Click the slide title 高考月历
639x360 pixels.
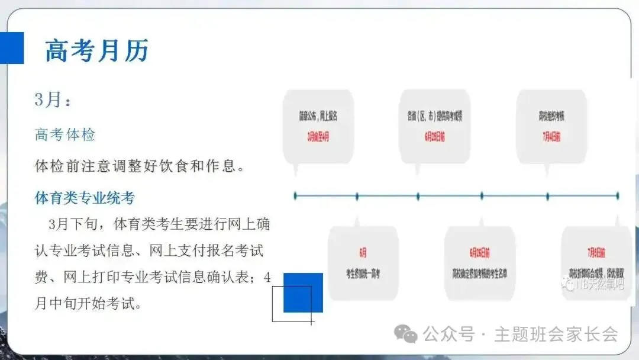tap(97, 51)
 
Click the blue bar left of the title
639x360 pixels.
tap(11, 48)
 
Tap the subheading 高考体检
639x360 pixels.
tap(65, 134)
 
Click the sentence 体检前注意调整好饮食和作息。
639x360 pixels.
tap(140, 166)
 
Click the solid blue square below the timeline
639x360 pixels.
tap(304, 292)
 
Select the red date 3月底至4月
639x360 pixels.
tap(318, 136)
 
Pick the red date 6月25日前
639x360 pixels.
tap(435, 136)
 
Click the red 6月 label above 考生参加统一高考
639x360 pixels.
tap(363, 252)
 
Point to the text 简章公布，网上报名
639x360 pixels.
tap(318, 116)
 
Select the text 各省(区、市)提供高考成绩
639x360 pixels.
tap(435, 116)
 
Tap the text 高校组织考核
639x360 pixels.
tap(551, 116)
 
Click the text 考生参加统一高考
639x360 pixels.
tap(363, 273)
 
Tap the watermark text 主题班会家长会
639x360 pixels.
tap(556, 335)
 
